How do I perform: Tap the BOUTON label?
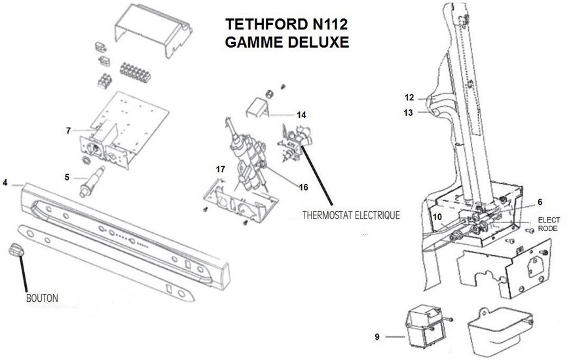42,298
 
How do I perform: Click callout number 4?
5,183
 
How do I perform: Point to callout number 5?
66,176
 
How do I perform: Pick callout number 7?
68,131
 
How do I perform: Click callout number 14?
301,115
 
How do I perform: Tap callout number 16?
303,187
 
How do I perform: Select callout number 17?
221,169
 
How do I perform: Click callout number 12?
409,98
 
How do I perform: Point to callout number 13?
409,112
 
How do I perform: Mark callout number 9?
377,337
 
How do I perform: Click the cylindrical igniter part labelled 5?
91,181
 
